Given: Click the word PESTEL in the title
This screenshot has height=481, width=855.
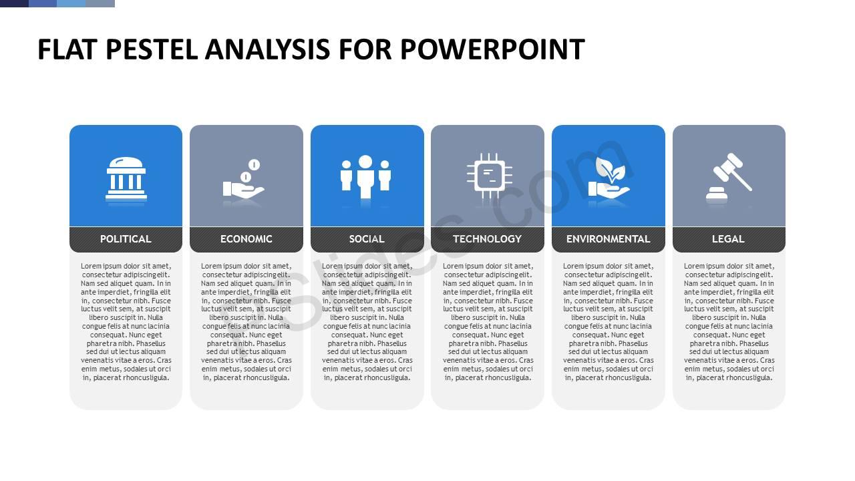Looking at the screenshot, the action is pyautogui.click(x=152, y=49).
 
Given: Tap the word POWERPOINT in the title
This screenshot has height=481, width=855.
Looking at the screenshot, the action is pyautogui.click(x=492, y=49).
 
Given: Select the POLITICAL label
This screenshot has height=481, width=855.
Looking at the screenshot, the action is pyautogui.click(x=126, y=239).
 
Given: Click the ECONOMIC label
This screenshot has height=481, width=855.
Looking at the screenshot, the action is pyautogui.click(x=246, y=239).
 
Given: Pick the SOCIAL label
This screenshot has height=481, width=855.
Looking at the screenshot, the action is pyautogui.click(x=367, y=239).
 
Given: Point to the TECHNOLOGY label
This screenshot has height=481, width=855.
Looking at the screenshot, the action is pyautogui.click(x=488, y=239).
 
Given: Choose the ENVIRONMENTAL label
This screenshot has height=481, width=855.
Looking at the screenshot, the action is pyautogui.click(x=608, y=239).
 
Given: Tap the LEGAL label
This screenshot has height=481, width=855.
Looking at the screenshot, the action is pyautogui.click(x=728, y=239).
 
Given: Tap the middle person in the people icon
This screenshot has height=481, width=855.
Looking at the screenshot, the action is pyautogui.click(x=365, y=176).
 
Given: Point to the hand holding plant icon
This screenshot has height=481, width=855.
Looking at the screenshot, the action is pyautogui.click(x=609, y=178).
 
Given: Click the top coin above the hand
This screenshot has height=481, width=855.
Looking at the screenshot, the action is pyautogui.click(x=254, y=165).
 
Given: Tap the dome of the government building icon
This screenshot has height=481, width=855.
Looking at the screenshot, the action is pyautogui.click(x=126, y=162).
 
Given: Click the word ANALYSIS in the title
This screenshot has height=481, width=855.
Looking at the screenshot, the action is pyautogui.click(x=268, y=49).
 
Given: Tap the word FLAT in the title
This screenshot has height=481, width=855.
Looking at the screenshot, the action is pyautogui.click(x=67, y=49).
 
